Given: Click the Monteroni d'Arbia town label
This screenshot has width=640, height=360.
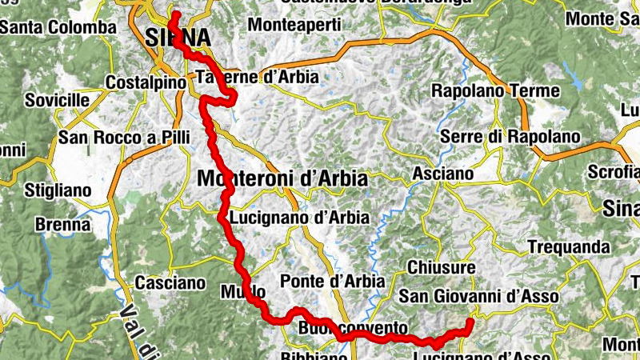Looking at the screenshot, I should click(x=282, y=178).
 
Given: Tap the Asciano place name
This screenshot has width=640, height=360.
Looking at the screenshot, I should click(x=442, y=174).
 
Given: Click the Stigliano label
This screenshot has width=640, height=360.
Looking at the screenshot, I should click(x=58, y=191).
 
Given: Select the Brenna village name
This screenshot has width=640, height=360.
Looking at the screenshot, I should click(x=62, y=225).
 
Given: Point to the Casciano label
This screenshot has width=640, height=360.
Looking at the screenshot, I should click(x=170, y=282).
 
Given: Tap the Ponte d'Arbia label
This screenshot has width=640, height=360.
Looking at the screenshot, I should click(x=332, y=282).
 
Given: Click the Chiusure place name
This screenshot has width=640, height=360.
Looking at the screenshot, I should click(x=441, y=266).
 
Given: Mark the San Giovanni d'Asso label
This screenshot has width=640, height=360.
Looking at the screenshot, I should click(x=478, y=296).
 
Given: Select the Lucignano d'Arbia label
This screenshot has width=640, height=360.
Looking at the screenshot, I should click(x=298, y=218).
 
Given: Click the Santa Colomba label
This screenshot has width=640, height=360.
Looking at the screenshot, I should click(x=58, y=27).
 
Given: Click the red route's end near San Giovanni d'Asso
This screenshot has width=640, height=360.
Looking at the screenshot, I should click(x=469, y=322).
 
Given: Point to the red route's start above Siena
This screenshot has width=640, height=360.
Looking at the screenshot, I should click(x=173, y=14).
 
